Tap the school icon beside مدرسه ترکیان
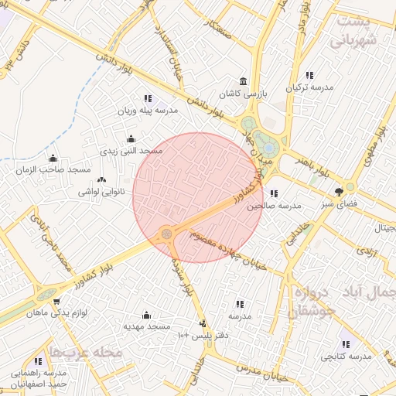[x=309, y=75]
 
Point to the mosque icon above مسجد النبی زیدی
[x=130, y=138]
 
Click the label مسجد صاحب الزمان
[x=57, y=169]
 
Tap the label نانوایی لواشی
[x=96, y=190]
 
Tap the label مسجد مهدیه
[x=147, y=328]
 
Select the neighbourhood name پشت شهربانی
[x=361, y=32]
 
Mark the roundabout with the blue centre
[x=268, y=147]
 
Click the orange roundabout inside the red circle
[x=166, y=234]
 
